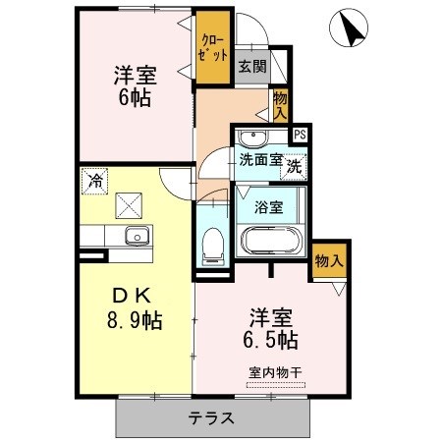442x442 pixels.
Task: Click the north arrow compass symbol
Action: point(349,28)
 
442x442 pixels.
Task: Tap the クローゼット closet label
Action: point(213,47)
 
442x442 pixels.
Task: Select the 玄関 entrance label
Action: point(252,67)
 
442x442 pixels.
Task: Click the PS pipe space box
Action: point(300,135)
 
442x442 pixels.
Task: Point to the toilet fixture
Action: point(213,247)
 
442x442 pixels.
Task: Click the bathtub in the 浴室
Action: point(271,241)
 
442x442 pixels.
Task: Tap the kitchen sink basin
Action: point(138,236)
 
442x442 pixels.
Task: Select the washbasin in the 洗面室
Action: point(252,138)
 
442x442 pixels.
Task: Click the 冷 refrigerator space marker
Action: point(94,181)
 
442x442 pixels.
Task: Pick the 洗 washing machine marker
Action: point(294,167)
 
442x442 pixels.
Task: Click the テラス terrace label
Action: point(211,418)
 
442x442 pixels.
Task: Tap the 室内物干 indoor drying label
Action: point(275,372)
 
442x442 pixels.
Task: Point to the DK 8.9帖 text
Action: point(135,308)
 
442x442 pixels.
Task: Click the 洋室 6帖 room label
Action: point(136,86)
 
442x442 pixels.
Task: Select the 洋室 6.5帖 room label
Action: point(270,328)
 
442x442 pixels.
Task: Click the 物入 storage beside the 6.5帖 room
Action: point(329,261)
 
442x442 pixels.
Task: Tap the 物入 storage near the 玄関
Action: point(280,105)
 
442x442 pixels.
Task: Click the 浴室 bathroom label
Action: point(269,207)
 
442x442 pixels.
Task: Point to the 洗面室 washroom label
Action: point(260,160)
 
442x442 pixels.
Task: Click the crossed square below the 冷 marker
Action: point(129,205)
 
